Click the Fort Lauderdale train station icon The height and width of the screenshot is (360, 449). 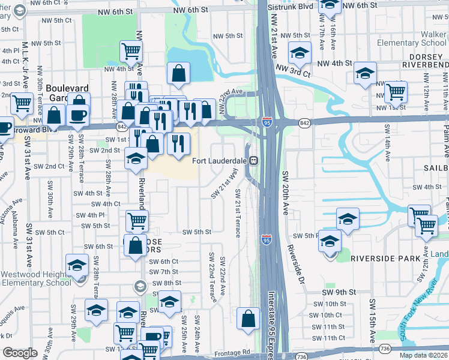[x=254, y=160]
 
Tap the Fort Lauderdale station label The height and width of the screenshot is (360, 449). [x=220, y=161]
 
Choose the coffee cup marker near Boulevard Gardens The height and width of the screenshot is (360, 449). [x=78, y=114]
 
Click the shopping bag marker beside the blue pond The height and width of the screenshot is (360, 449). [x=179, y=74]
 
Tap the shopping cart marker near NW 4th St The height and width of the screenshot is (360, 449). [x=130, y=52]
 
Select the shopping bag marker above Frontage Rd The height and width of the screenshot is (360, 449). [x=249, y=319]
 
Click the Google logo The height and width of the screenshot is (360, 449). [x=20, y=353]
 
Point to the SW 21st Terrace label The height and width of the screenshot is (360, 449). [x=238, y=212]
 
